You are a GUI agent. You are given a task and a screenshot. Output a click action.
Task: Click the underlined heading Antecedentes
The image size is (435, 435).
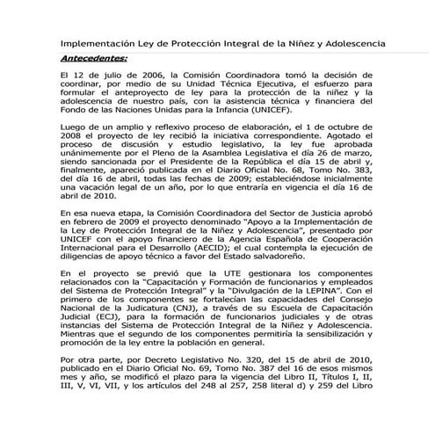click(94, 59)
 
